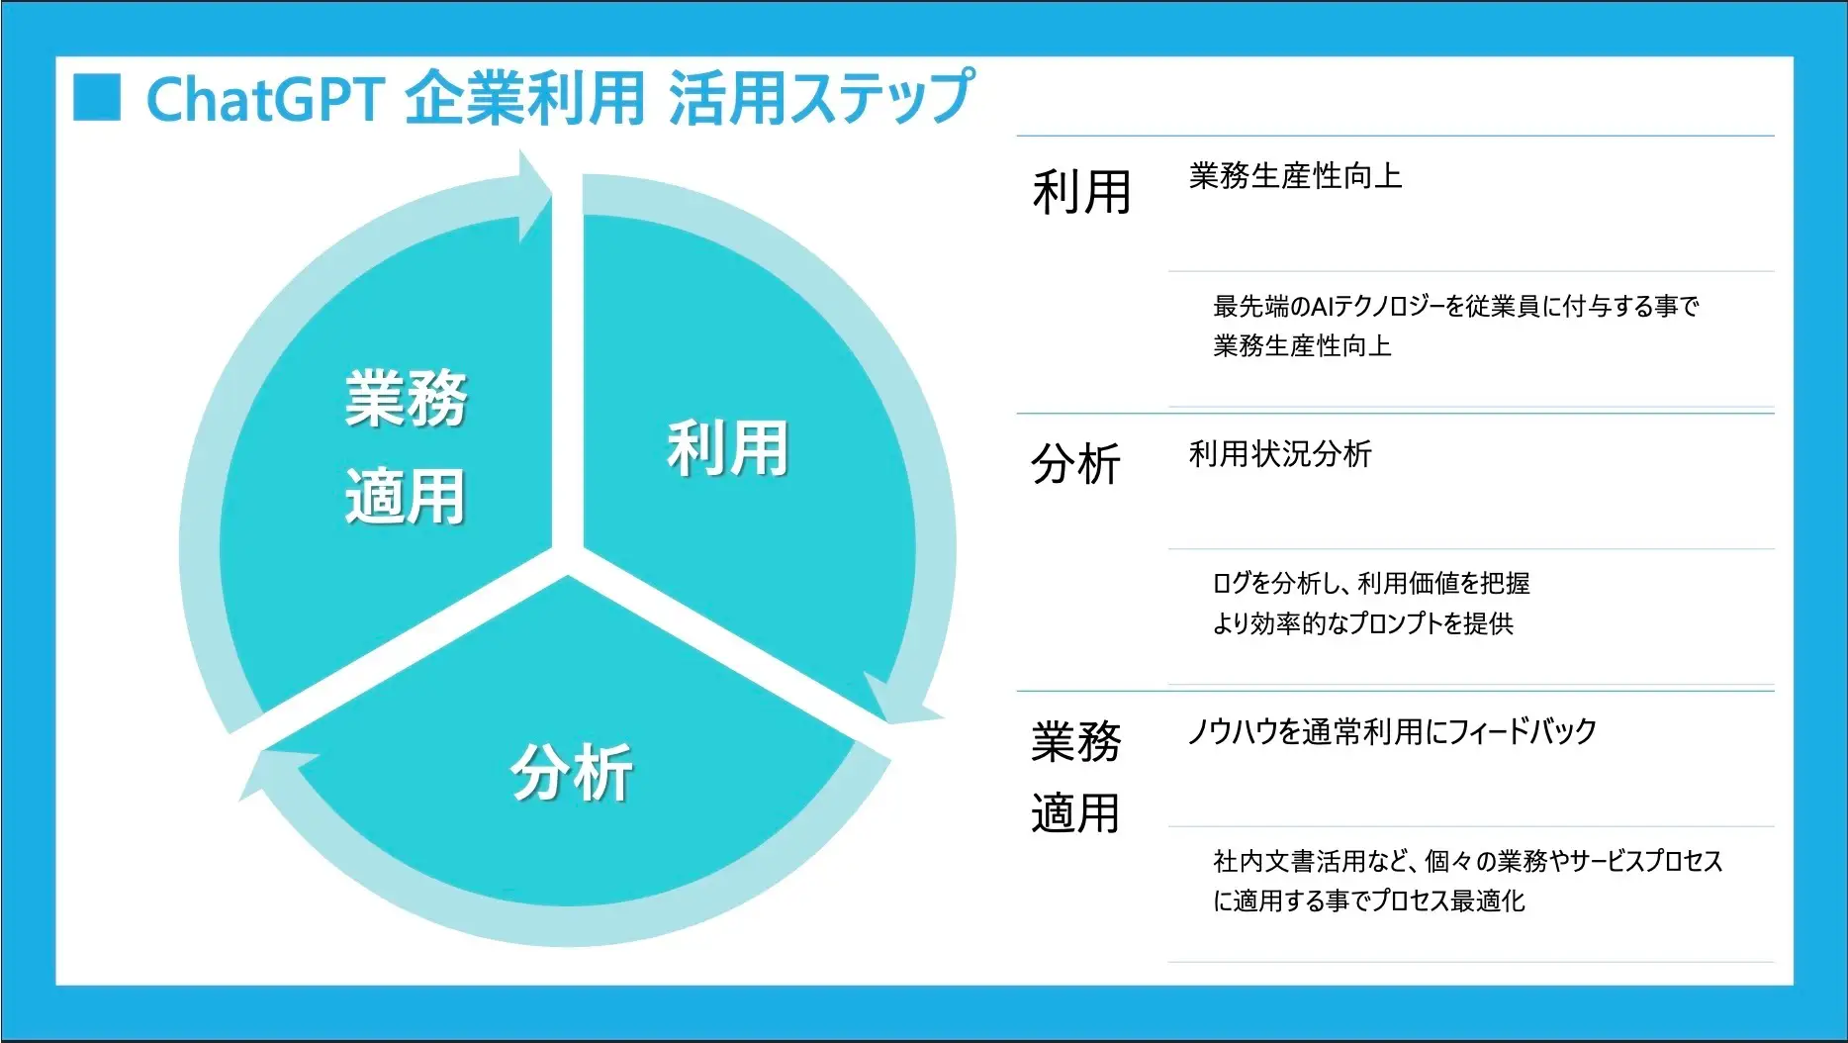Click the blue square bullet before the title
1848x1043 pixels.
coord(97,97)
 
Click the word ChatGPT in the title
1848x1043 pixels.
coord(265,99)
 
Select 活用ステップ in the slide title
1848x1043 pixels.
coord(821,97)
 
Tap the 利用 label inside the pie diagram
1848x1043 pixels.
coord(728,448)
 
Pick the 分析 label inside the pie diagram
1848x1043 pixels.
coord(572,772)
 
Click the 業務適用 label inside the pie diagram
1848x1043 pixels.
coord(406,446)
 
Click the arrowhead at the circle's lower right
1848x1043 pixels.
coord(899,702)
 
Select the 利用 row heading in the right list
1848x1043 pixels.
coord(1081,192)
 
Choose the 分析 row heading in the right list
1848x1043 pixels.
coord(1075,464)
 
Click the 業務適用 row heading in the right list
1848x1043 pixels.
coord(1075,778)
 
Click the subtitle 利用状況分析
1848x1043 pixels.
coord(1280,454)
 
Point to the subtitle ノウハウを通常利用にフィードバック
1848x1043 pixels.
coord(1392,731)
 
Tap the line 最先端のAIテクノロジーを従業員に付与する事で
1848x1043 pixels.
coord(1456,307)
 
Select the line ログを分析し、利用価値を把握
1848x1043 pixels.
coord(1371,584)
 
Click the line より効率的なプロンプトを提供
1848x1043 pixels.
coord(1363,623)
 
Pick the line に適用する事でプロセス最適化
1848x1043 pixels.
coord(1369,901)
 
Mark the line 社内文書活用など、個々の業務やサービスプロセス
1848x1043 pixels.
coord(1468,861)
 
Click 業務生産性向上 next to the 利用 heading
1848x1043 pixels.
coord(1296,176)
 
